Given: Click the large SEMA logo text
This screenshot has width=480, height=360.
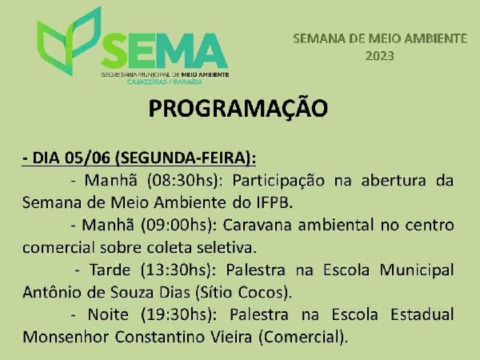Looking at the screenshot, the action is coord(164,51).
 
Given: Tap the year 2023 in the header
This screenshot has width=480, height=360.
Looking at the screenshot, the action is coord(379,56).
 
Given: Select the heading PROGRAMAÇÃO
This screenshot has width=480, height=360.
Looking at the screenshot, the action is coord(238,108).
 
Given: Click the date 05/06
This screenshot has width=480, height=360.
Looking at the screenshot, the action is coord(87,158).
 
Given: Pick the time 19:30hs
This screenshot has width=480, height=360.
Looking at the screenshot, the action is coord(178,314).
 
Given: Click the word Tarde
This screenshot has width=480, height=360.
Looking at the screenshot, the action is coord(110,270).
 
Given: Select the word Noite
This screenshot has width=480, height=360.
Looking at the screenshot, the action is coord(108,314).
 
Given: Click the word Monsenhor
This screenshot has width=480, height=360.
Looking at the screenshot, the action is coord(66,337).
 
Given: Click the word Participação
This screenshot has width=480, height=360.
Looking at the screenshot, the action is coord(278,181).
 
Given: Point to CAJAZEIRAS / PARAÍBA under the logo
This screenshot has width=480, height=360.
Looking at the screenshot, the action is coord(164,82).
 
